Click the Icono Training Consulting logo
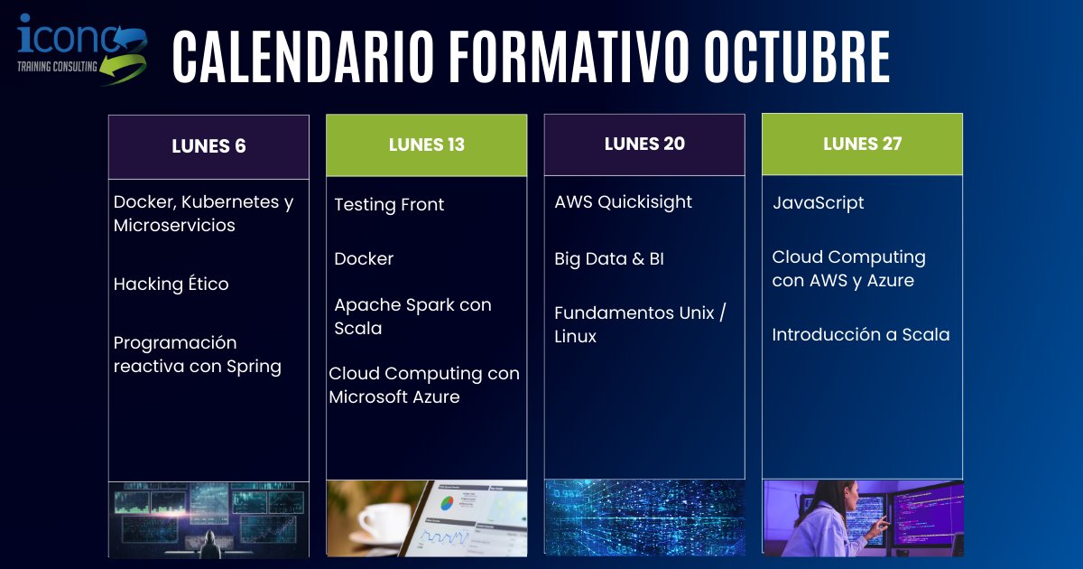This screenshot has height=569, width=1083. pyautogui.click(x=81, y=50)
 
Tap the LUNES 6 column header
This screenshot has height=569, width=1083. pyautogui.click(x=208, y=146)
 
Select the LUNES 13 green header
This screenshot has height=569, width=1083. pyautogui.click(x=426, y=145)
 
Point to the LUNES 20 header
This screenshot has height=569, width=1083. pyautogui.click(x=644, y=144)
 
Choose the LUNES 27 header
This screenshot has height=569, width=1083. pyautogui.click(x=862, y=144)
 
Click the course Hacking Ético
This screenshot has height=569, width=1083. pyautogui.click(x=171, y=284)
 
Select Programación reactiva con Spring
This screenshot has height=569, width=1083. pyautogui.click(x=197, y=355)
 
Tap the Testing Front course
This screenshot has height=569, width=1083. pyautogui.click(x=389, y=205)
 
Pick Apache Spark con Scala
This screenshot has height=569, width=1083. pyautogui.click(x=412, y=316)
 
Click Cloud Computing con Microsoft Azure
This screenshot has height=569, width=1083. pyautogui.click(x=424, y=385)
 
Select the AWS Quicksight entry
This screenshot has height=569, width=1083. pyautogui.click(x=623, y=202)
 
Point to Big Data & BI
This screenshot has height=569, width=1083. pyautogui.click(x=608, y=259)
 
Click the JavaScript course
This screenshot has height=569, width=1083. pyautogui.click(x=818, y=203)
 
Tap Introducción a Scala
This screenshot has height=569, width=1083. pyautogui.click(x=860, y=335)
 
